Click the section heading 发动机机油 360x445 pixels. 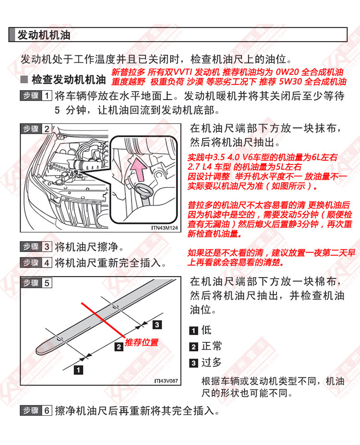[x=44, y=35]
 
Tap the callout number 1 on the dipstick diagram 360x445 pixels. [x=77, y=369]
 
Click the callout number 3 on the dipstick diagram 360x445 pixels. [x=157, y=325]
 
